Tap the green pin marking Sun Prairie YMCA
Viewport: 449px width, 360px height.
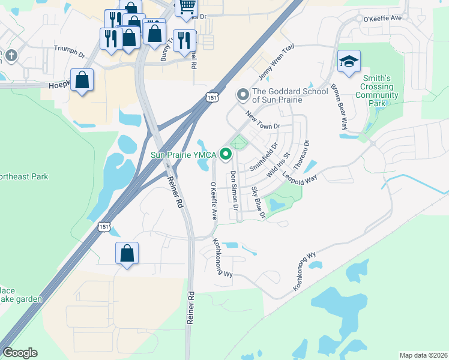coord(226,155)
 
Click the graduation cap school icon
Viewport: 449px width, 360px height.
coord(349,62)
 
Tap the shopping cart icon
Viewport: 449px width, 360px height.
coord(187,8)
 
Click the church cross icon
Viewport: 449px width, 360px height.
coord(11,56)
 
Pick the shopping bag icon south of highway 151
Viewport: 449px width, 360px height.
coord(127,254)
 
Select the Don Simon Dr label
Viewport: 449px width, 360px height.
coord(234,190)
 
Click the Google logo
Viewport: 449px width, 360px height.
coord(20,353)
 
